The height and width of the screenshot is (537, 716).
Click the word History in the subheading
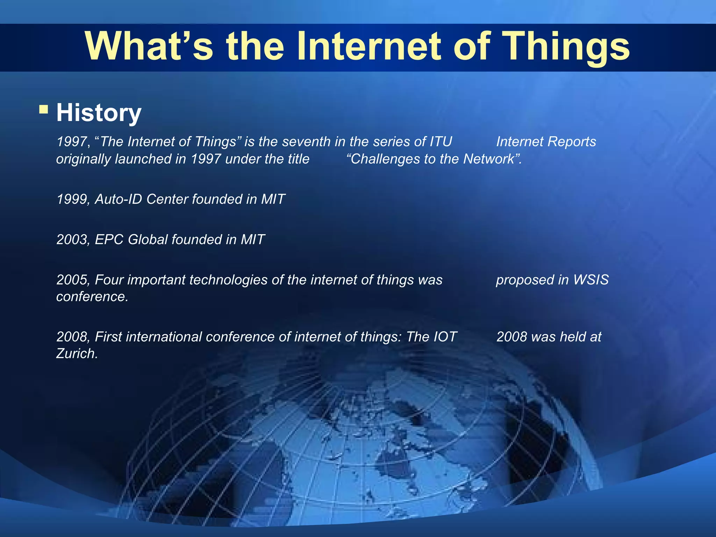pos(99,113)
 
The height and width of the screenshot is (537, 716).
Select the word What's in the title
pos(149,47)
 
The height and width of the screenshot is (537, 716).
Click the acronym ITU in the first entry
pos(441,142)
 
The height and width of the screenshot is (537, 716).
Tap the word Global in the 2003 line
pos(148,239)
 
